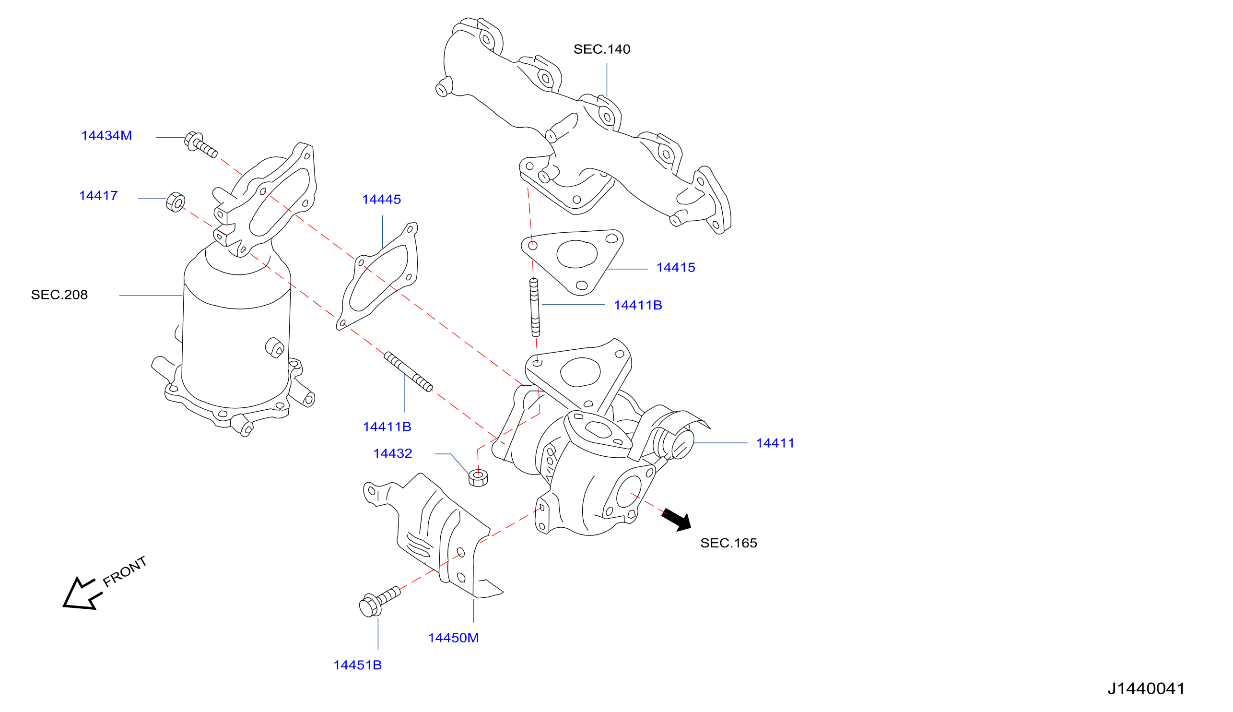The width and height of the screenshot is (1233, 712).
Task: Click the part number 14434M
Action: tap(106, 135)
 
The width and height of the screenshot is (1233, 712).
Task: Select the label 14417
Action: tap(98, 196)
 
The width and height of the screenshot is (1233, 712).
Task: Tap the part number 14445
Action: tap(381, 200)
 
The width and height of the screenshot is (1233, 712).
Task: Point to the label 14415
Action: tap(675, 268)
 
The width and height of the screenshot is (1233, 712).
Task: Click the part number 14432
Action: tap(392, 453)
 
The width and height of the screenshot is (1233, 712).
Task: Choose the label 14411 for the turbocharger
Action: tap(775, 443)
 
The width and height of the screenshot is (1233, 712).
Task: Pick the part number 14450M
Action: tap(453, 638)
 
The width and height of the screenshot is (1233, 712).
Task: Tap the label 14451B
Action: tap(357, 665)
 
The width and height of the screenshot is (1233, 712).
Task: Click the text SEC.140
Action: tap(601, 49)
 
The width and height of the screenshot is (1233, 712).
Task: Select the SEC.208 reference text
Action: tap(59, 295)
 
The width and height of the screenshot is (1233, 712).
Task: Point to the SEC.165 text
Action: tap(728, 543)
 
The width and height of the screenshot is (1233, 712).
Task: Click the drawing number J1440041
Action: tap(1146, 688)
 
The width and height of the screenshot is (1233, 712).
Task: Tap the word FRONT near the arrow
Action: tap(125, 571)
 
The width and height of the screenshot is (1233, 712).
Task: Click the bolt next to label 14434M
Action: tap(200, 145)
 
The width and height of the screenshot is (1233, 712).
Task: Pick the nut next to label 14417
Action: tap(176, 202)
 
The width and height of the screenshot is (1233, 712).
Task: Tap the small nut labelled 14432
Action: tap(478, 478)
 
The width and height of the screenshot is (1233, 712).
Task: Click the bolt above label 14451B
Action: tap(379, 602)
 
